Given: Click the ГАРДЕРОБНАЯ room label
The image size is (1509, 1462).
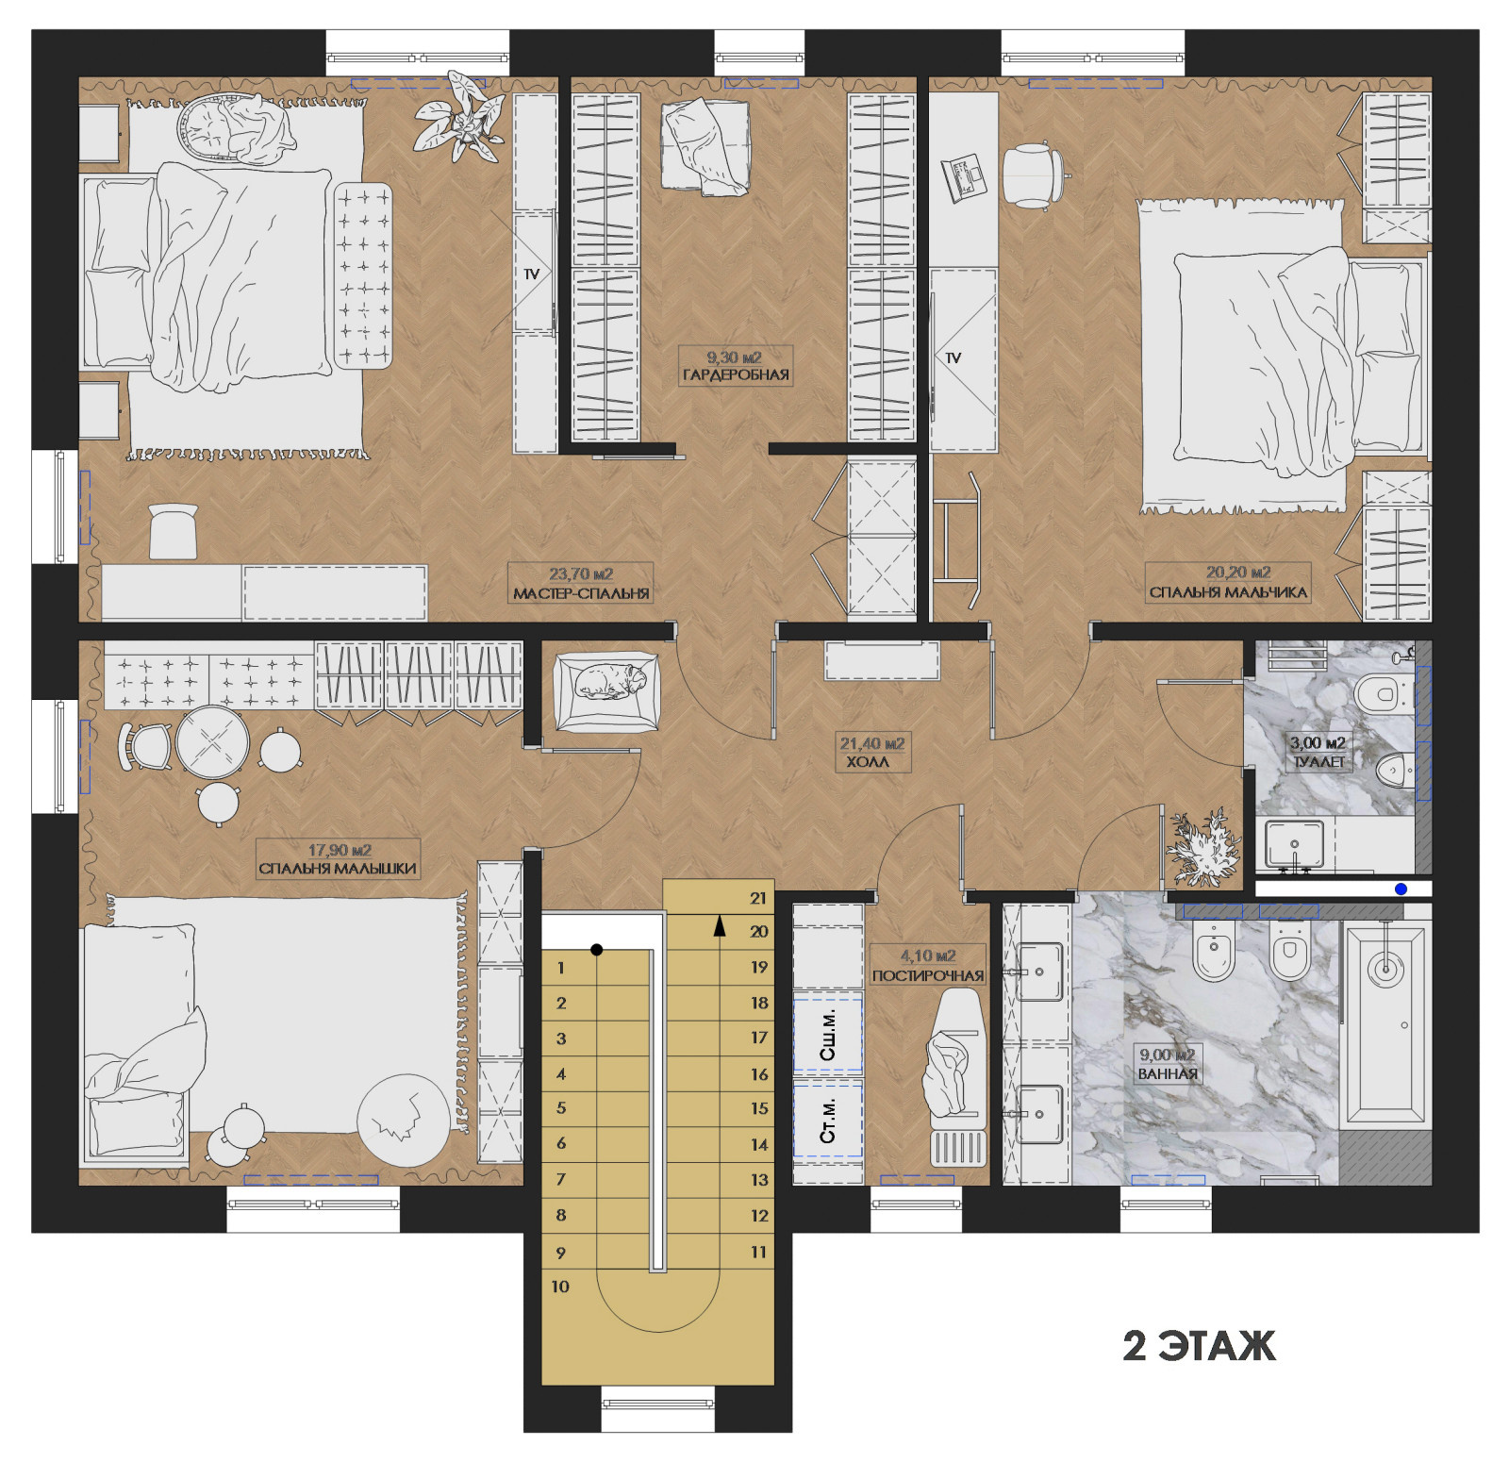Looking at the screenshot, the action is click(736, 375).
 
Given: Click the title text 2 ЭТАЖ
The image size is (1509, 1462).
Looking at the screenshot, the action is click(1199, 1346).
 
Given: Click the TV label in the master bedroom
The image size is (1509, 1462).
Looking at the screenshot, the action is click(532, 274).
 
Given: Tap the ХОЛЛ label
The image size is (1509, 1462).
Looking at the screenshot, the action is click(867, 762).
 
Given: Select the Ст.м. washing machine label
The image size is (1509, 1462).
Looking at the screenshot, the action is click(828, 1121).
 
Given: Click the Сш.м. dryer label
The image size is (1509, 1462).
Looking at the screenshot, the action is click(828, 1035).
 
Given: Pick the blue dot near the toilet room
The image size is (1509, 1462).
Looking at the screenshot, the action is click(1401, 889).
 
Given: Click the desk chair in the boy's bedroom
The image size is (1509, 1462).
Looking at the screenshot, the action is click(1034, 174).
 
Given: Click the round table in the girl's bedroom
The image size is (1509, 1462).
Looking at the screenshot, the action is click(212, 742).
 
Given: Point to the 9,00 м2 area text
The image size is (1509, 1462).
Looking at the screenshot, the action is click(1167, 1055).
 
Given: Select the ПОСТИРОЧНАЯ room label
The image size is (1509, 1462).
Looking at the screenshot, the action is click(928, 976).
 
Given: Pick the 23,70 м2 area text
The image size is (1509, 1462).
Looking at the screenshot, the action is click(581, 573).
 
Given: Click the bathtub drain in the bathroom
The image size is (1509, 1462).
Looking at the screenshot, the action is click(1384, 968).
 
